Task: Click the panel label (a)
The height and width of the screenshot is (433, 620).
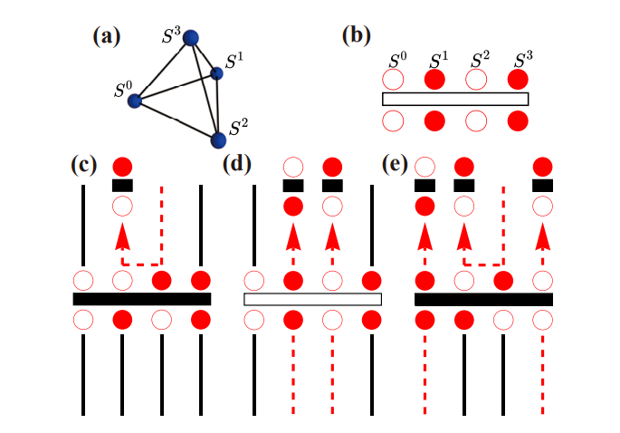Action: click(108, 37)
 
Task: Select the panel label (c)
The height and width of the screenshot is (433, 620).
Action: click(85, 166)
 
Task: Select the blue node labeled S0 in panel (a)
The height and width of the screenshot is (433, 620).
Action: click(137, 101)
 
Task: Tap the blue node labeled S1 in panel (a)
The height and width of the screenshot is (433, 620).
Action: click(216, 73)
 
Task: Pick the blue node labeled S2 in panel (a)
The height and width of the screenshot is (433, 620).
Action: click(218, 140)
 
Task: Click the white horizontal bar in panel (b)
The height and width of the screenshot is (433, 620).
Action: click(455, 99)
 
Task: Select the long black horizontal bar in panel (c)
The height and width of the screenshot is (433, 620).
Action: click(141, 299)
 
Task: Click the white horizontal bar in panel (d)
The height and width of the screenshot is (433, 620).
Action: click(313, 299)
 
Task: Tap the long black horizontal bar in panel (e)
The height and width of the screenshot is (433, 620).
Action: click(483, 299)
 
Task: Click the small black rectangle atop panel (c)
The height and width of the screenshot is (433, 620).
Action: click(122, 186)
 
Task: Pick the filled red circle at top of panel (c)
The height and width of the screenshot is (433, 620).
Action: click(122, 167)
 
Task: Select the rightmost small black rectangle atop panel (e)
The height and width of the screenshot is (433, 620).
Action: click(543, 186)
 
